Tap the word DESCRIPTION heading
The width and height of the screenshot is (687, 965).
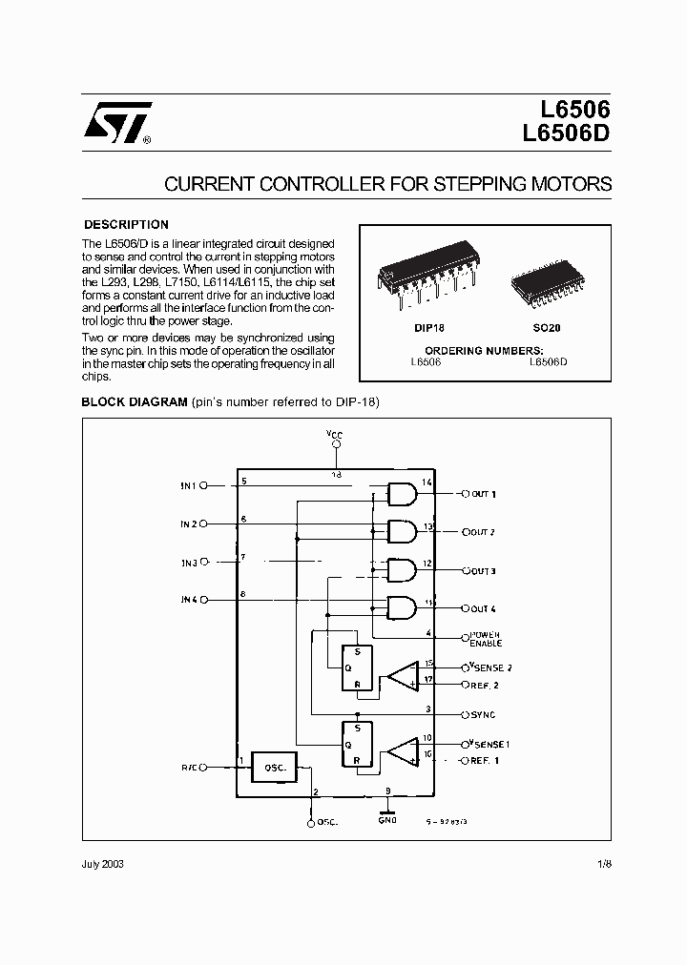click(x=126, y=225)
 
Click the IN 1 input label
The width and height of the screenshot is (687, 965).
click(x=188, y=486)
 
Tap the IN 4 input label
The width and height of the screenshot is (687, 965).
click(x=188, y=600)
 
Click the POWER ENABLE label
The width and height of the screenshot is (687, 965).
click(x=485, y=639)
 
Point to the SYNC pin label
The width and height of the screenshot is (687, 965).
click(x=483, y=714)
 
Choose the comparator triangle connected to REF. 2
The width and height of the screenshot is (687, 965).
click(x=403, y=675)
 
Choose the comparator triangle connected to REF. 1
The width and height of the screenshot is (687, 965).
click(x=403, y=751)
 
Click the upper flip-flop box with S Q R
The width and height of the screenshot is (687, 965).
click(x=358, y=667)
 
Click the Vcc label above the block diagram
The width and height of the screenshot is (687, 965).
click(x=334, y=435)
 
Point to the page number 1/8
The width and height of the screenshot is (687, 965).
click(x=603, y=864)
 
